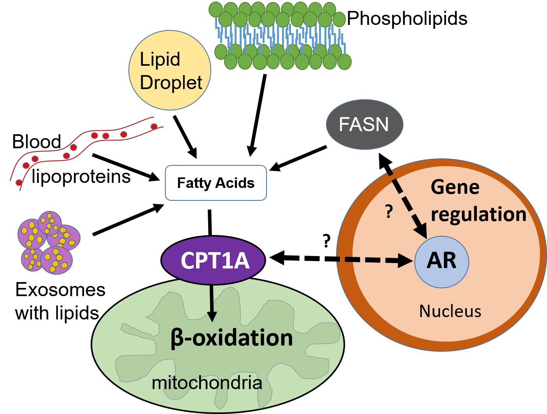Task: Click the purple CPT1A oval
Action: pyautogui.click(x=213, y=260)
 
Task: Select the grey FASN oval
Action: pyautogui.click(x=365, y=125)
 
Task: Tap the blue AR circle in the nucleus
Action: pyautogui.click(x=442, y=262)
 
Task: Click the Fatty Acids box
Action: pyautogui.click(x=216, y=183)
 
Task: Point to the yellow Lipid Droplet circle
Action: pyautogui.click(x=170, y=70)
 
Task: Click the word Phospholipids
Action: pyautogui.click(x=407, y=18)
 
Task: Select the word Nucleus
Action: pyautogui.click(x=450, y=311)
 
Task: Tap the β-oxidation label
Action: pyautogui.click(x=231, y=338)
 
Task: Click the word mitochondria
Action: pyautogui.click(x=207, y=382)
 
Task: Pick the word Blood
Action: pyautogui.click(x=37, y=141)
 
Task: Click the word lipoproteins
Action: pyautogui.click(x=81, y=177)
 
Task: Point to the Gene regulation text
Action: pyautogui.click(x=479, y=201)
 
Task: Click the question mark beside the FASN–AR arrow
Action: pyautogui.click(x=389, y=211)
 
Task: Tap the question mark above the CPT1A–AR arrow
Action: pyautogui.click(x=326, y=240)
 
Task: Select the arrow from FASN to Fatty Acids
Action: pyautogui.click(x=298, y=158)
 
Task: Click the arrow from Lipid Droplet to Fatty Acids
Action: pyautogui.click(x=186, y=137)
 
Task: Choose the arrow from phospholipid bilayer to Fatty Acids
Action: pyautogui.click(x=256, y=115)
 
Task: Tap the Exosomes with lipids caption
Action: pyautogui.click(x=60, y=301)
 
